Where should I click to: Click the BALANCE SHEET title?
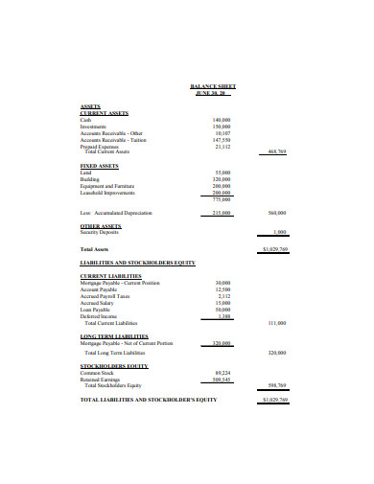click(x=214, y=86)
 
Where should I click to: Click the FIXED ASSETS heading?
click(x=99, y=166)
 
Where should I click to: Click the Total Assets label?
click(x=94, y=249)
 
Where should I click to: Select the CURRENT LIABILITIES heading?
click(x=110, y=276)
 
